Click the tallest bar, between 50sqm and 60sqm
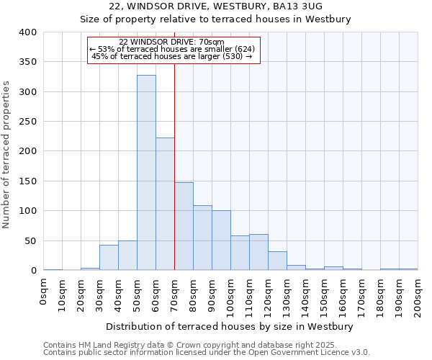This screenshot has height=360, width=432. [146, 173]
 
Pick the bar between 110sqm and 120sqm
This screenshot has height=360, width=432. [258, 252]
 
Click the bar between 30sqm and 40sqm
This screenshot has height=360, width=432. [109, 258]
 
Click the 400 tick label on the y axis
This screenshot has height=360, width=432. [27, 32]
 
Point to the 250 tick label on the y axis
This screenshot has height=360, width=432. [27, 122]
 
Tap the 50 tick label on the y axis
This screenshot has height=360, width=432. [30, 240]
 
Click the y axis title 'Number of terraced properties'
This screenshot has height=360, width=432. [7, 155]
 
